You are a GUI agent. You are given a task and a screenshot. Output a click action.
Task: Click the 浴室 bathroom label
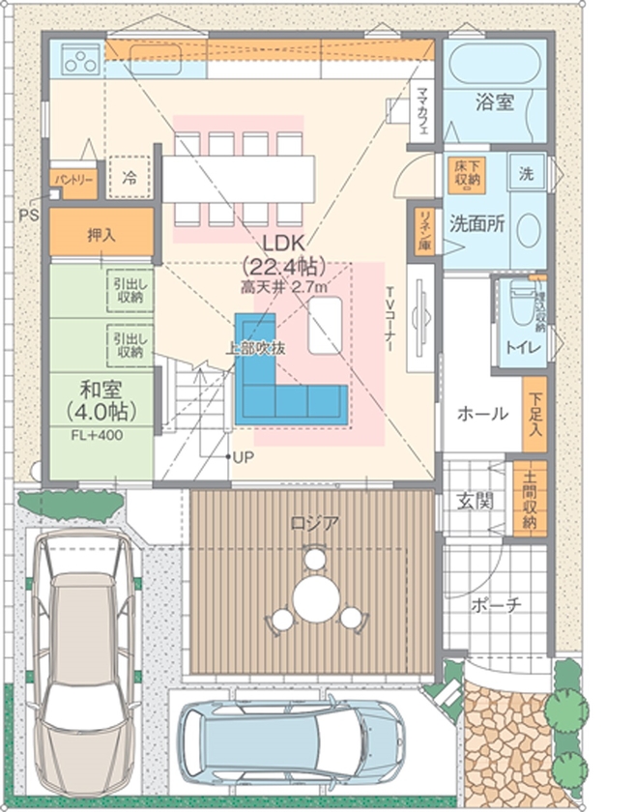pos(494,101)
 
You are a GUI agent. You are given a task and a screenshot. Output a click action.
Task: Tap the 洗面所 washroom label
pos(476,221)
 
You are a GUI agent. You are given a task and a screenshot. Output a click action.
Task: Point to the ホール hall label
pos(481,414)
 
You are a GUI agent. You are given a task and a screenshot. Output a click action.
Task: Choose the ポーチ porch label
pos(497,605)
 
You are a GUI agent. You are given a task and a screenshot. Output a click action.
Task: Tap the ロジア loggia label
pos(315,524)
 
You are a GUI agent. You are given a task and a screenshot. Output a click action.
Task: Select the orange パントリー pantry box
pos(73,181)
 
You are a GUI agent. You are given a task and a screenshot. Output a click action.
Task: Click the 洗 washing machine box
pos(527,175)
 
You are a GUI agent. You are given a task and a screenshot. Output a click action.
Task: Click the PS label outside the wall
pos(27,214)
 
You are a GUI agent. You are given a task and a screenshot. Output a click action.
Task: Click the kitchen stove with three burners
pos(80,61)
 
